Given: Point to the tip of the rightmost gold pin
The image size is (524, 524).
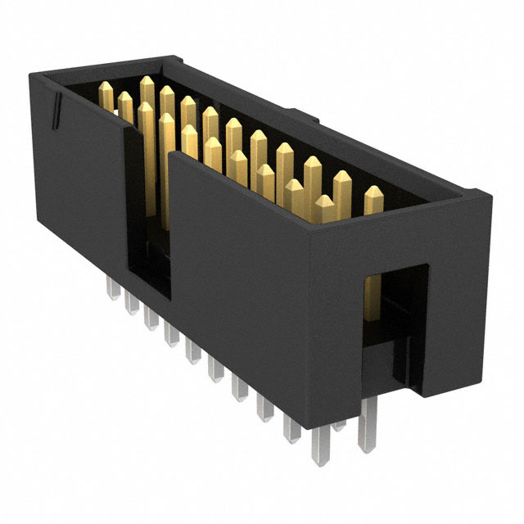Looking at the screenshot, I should [x=373, y=192].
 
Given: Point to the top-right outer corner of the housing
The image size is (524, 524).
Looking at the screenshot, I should [x=490, y=196].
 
